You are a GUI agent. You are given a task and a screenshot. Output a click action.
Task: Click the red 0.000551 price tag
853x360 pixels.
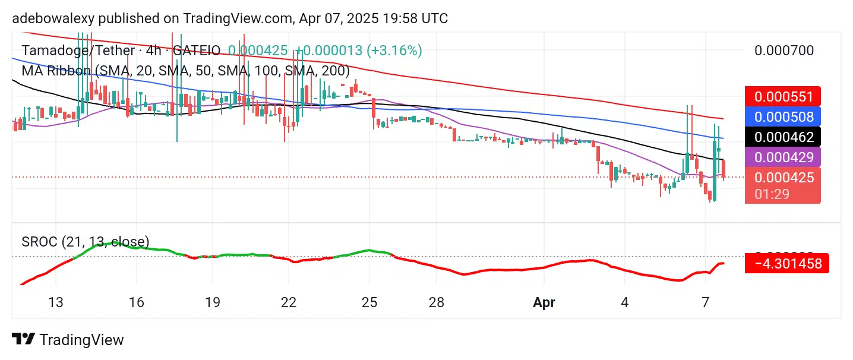click(x=782, y=96)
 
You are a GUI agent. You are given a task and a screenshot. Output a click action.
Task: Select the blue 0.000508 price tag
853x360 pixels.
click(x=782, y=115)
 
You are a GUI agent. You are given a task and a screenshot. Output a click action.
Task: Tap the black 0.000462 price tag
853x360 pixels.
click(x=782, y=137)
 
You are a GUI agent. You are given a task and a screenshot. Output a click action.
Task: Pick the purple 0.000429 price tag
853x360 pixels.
click(x=782, y=157)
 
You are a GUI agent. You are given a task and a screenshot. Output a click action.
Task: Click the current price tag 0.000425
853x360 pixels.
click(x=782, y=177)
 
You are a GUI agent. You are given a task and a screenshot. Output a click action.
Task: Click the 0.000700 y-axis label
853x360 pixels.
click(x=784, y=50)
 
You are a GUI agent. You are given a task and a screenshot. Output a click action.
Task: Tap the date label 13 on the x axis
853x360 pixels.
click(x=55, y=302)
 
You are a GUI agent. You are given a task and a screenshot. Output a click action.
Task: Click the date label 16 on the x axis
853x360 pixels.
click(x=136, y=302)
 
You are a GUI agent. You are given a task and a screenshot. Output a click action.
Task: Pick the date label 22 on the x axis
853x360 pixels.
click(x=288, y=302)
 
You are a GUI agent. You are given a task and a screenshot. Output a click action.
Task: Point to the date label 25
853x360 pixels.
click(x=369, y=302)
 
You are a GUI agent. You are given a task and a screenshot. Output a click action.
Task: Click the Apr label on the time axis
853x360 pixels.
click(x=544, y=302)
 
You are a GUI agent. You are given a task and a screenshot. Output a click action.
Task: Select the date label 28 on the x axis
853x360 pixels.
click(x=437, y=302)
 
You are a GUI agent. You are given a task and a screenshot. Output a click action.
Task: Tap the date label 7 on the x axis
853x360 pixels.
click(x=705, y=302)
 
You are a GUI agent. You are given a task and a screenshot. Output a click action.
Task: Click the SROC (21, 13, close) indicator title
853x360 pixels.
click(x=86, y=242)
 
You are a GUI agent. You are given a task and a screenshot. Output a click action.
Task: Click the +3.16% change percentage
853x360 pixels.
click(x=394, y=50)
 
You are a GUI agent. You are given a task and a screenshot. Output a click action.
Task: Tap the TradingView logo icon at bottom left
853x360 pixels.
click(x=23, y=340)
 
